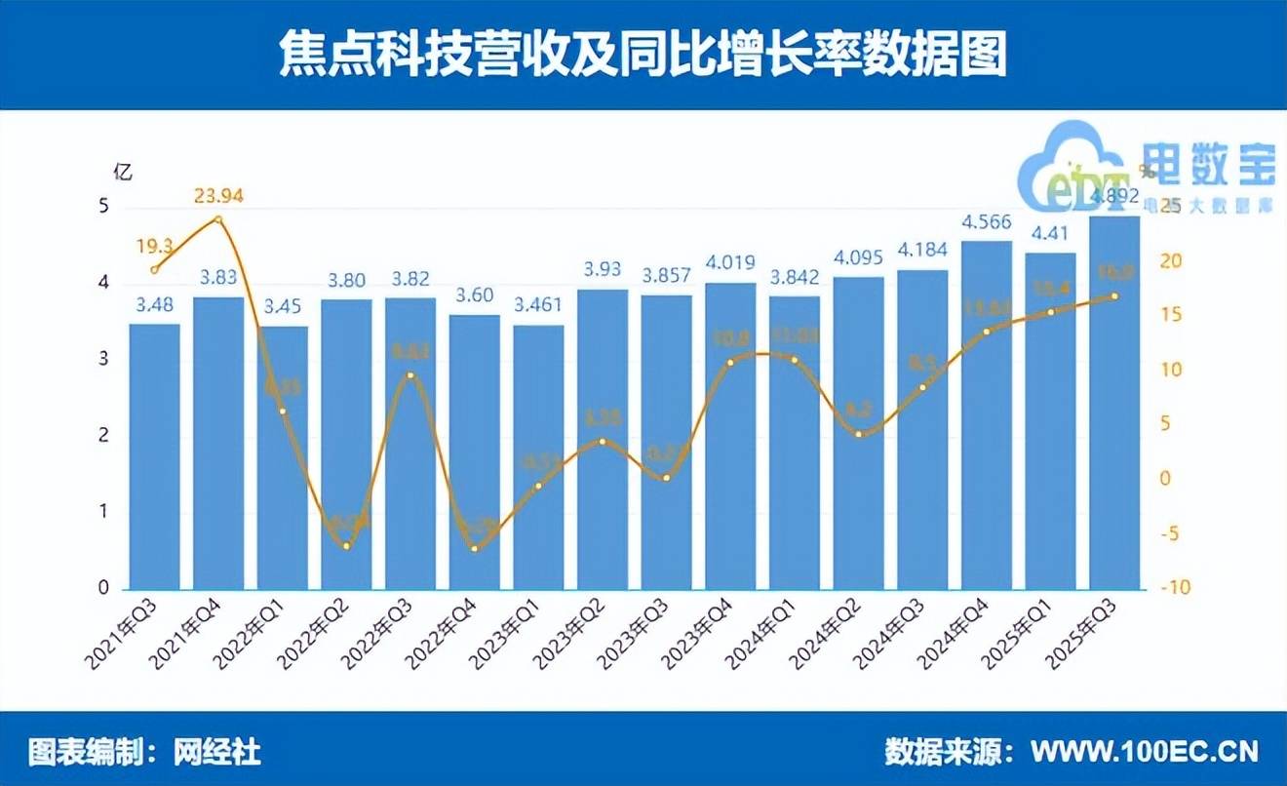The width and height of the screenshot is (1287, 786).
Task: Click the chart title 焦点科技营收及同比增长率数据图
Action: click(643, 56)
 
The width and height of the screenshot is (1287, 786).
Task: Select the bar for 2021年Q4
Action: click(218, 444)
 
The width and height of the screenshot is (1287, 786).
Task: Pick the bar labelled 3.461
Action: click(538, 457)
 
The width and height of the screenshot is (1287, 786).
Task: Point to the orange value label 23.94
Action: click(218, 197)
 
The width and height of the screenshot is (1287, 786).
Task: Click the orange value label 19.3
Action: click(154, 246)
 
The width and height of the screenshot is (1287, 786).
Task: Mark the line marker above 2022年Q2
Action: click(346, 546)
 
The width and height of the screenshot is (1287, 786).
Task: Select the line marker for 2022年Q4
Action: click(475, 549)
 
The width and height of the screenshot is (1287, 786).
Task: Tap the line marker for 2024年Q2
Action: click(859, 434)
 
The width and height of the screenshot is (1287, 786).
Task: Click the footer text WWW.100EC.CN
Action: click(1144, 752)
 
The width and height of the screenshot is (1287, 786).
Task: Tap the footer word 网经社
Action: click(218, 752)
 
